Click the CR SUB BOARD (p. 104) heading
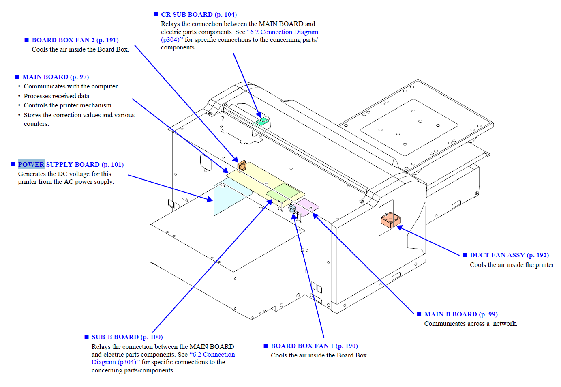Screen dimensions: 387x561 (199, 15)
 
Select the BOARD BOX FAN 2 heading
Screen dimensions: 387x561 (75, 40)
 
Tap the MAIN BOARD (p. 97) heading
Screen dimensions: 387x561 (56, 77)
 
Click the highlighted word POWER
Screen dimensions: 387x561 (31, 164)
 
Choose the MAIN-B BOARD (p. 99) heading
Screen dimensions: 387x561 (461, 314)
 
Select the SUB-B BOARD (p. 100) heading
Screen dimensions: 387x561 (127, 337)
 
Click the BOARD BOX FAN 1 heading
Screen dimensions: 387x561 (314, 346)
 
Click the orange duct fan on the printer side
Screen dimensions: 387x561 (390, 219)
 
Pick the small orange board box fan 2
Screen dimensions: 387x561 (242, 165)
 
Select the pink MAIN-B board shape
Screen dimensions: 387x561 (307, 206)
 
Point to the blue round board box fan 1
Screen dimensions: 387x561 (292, 209)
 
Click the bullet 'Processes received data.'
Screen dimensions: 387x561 (57, 96)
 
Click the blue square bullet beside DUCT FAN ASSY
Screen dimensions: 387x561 (465, 255)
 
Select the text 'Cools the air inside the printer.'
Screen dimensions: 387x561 (512, 265)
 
